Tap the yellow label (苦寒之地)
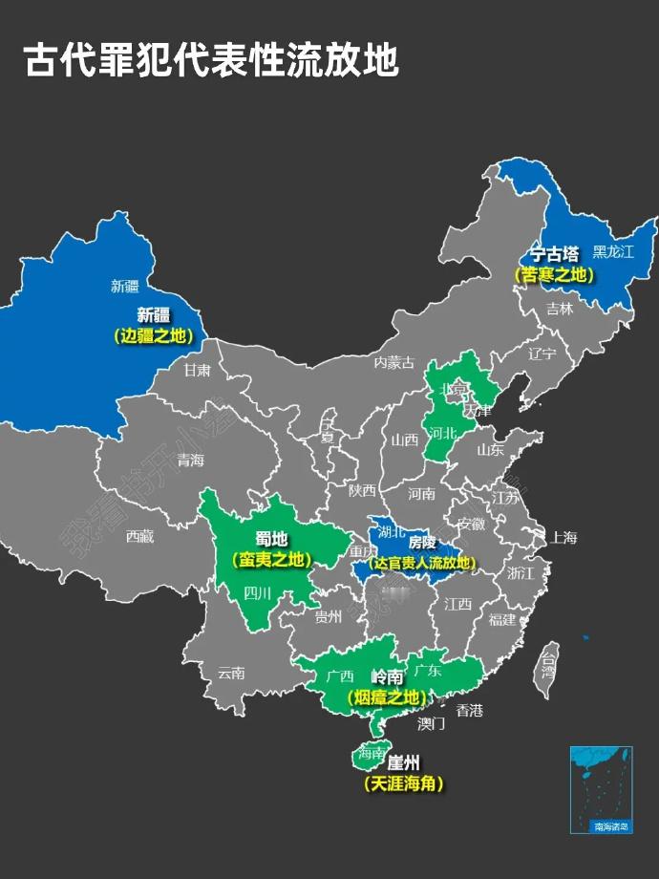click(555, 274)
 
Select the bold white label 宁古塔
click(555, 254)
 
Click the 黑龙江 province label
click(613, 252)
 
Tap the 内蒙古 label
click(394, 362)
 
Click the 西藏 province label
click(139, 536)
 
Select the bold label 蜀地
click(271, 538)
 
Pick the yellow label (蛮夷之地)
click(271, 560)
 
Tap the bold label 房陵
click(422, 543)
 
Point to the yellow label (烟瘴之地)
click(384, 697)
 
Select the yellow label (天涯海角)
click(403, 784)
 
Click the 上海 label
click(563, 537)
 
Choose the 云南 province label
click(231, 672)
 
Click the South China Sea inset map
click(601, 789)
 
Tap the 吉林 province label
click(560, 309)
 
